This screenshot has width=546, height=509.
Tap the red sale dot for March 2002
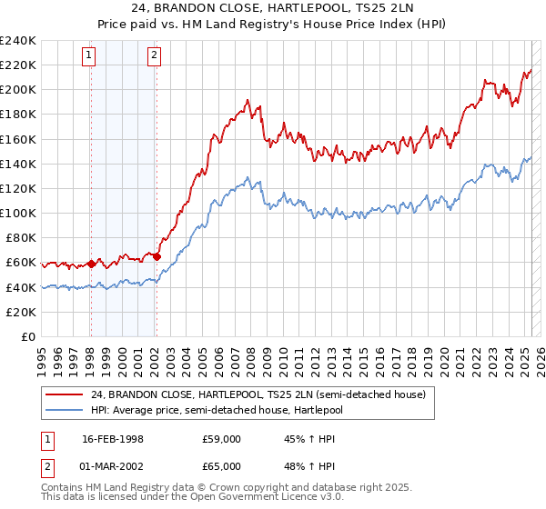[x=157, y=256]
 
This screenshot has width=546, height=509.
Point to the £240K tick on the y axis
[x=18, y=41]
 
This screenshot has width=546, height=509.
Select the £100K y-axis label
[x=18, y=213]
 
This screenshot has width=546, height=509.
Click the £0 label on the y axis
[x=29, y=336]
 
